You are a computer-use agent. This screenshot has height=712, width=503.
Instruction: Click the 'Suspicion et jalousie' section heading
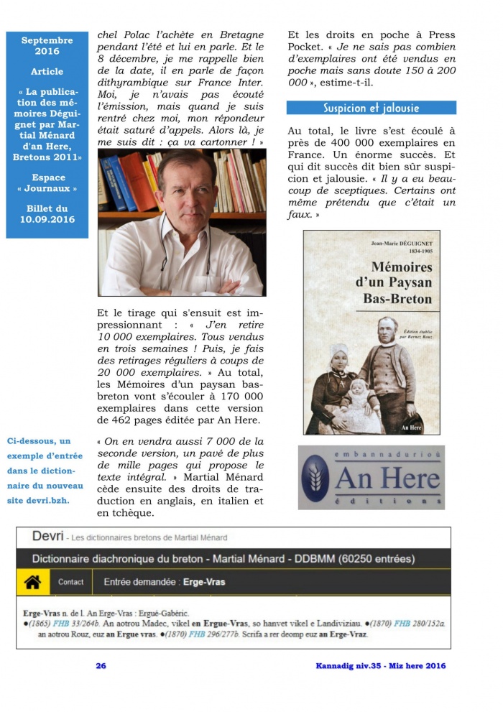371,108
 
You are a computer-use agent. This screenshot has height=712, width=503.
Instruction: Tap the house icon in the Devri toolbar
32,582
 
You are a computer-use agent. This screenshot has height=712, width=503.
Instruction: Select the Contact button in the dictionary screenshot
71,582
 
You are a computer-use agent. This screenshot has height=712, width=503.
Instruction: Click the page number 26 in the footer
101,665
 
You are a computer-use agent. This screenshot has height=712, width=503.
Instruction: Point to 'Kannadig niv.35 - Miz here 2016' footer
381,665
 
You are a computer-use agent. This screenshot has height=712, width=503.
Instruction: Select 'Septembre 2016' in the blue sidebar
47,46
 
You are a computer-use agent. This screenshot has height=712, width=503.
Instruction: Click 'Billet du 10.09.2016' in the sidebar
47,213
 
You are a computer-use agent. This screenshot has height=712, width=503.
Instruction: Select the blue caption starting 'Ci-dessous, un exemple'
45,470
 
